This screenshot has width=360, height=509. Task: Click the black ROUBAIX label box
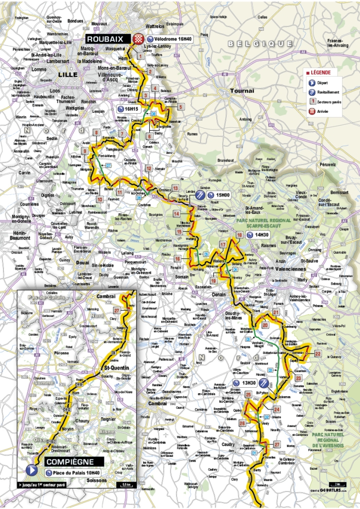tap(106, 39)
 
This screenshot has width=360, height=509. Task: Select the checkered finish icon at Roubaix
tap(141, 39)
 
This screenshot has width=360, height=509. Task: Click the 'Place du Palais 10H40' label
tap(77, 473)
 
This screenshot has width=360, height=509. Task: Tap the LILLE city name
tap(68, 75)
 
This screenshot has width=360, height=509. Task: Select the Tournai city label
tap(242, 91)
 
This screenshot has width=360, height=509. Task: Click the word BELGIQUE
tap(253, 44)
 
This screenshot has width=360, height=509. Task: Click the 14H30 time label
tap(261, 235)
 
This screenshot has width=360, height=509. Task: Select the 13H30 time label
tap(243, 383)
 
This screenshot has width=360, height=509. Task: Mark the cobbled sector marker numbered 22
tap(317, 353)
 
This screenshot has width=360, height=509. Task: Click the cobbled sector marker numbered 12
tap(149, 169)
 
